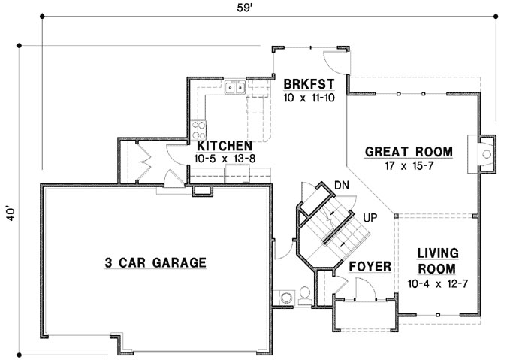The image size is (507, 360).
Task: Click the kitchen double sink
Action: click(236, 89)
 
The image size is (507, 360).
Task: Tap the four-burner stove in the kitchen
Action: click(200, 128)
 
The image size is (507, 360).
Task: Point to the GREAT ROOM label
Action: click(409, 152)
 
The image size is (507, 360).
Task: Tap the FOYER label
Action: click(370, 266)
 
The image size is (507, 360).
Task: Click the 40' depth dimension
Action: click(10, 213)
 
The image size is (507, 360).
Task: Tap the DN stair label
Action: click(340, 185)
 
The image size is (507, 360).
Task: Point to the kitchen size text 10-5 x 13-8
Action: click(224, 159)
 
